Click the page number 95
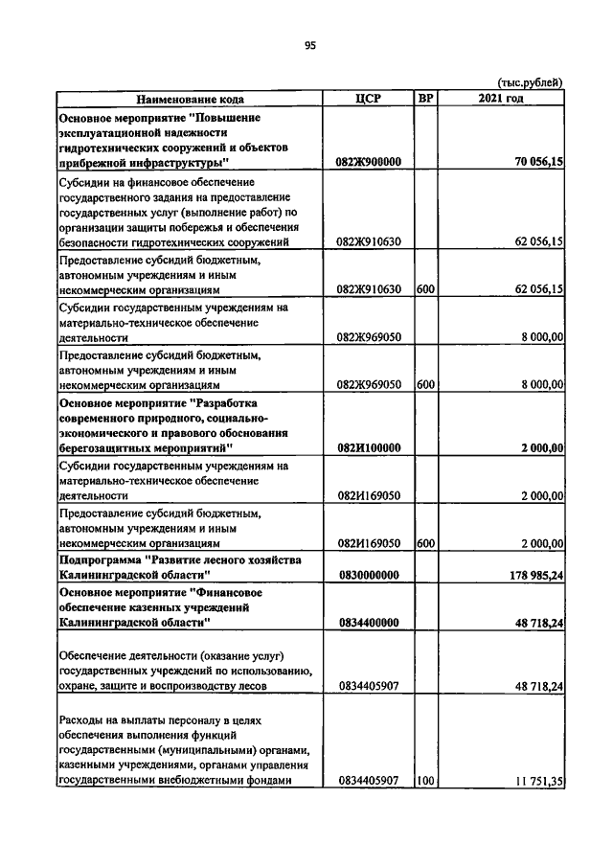(309, 45)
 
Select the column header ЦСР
(368, 99)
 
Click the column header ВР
(425, 99)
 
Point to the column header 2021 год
(501, 99)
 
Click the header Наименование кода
(190, 99)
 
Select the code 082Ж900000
(368, 163)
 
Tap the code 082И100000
(368, 447)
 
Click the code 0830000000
(368, 575)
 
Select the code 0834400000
(368, 623)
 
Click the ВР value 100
(425, 782)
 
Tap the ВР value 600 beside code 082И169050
(425, 543)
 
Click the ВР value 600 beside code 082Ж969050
(425, 384)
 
